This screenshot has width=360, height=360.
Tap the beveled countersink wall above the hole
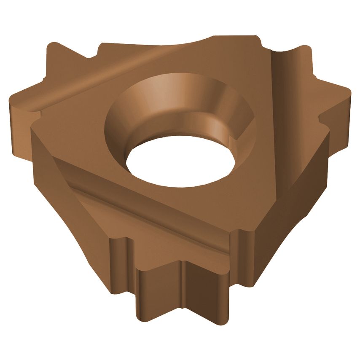pyautogui.click(x=177, y=97)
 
